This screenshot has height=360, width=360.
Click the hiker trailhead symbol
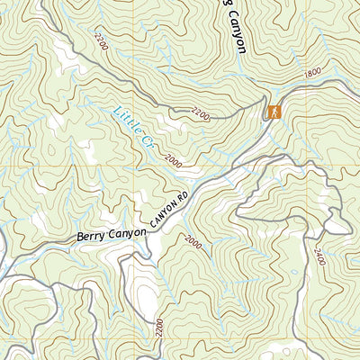pyautogui.click(x=272, y=112)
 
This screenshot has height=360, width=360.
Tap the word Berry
pyautogui.click(x=91, y=238)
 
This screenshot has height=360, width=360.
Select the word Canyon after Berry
pyautogui.click(x=128, y=232)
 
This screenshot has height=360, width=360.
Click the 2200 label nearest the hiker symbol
pyautogui.click(x=201, y=114)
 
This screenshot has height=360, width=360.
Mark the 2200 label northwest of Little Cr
pyautogui.click(x=97, y=40)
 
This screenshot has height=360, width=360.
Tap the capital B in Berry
pyautogui.click(x=81, y=238)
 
